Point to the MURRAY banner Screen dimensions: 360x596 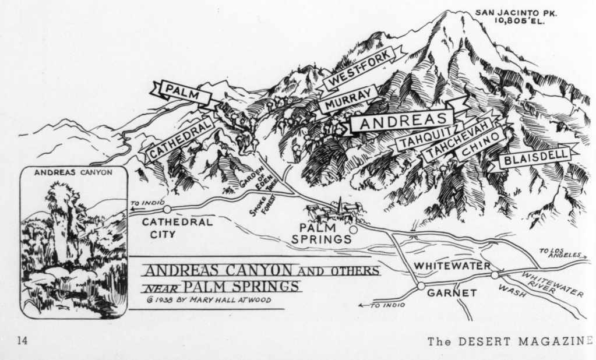click(348, 99)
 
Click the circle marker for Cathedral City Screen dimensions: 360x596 click(167, 209)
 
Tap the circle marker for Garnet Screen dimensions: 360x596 click(421, 286)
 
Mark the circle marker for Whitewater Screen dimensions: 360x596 click(495, 274)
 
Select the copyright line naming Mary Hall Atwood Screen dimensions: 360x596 click(210, 300)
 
